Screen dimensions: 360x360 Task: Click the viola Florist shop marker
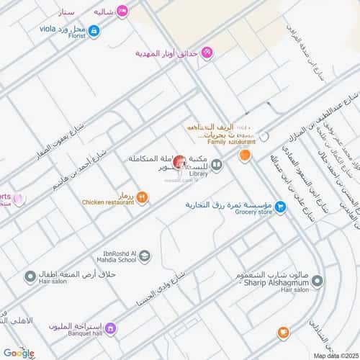94,30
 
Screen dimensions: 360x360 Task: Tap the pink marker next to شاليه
122,11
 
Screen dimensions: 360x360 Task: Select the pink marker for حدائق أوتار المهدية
207,52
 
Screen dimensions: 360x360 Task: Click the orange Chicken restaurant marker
143,197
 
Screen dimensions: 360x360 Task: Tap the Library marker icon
216,165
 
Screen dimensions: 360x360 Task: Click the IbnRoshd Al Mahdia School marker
145,256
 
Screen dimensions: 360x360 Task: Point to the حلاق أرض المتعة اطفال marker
30,276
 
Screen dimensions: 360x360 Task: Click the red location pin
179,161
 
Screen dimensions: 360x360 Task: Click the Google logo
19,353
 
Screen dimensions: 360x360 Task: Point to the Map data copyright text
333,355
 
